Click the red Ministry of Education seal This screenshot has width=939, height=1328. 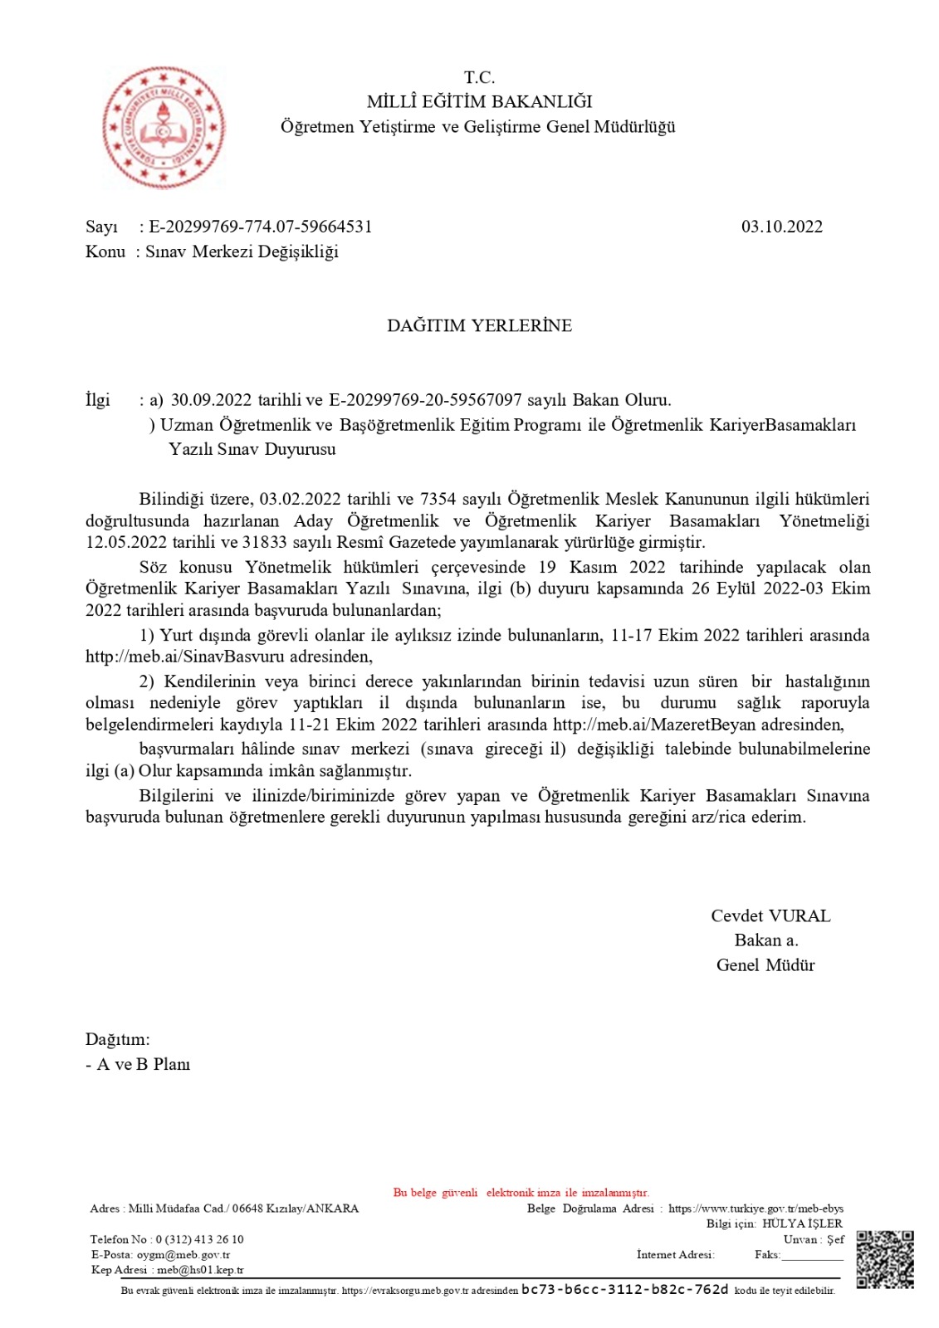pyautogui.click(x=163, y=129)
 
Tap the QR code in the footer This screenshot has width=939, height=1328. pyautogui.click(x=884, y=1258)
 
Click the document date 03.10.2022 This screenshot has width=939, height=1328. pyautogui.click(x=781, y=227)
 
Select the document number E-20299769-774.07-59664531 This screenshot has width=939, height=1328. pyautogui.click(x=260, y=227)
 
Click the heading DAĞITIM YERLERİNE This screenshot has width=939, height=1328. pyautogui.click(x=479, y=325)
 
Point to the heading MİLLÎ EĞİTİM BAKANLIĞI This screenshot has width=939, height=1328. pyautogui.click(x=479, y=101)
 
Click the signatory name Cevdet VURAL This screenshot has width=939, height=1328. pyautogui.click(x=770, y=915)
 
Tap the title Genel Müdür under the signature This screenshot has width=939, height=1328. pyautogui.click(x=765, y=964)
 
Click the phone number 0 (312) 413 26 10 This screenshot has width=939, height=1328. pyautogui.click(x=199, y=1239)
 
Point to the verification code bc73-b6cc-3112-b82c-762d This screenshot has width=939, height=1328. pyautogui.click(x=624, y=1289)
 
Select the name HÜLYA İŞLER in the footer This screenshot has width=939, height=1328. pyautogui.click(x=802, y=1223)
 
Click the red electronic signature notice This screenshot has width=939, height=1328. pyautogui.click(x=521, y=1192)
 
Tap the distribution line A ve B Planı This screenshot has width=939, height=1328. pyautogui.click(x=143, y=1064)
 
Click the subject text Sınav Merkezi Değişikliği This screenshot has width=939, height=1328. pyautogui.click(x=242, y=251)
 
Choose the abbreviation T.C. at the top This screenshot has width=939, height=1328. pyautogui.click(x=479, y=77)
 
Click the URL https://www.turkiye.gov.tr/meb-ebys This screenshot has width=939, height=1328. pyautogui.click(x=756, y=1208)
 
